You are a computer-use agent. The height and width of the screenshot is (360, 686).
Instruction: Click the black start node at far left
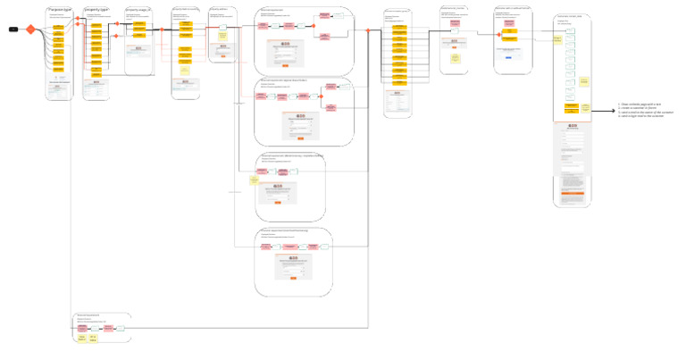pos(13,29)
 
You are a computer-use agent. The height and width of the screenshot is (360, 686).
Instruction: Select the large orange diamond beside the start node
pos(29,29)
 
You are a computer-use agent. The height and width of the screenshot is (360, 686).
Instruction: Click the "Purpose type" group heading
pos(58,9)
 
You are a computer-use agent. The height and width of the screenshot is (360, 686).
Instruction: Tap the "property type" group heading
pos(96,9)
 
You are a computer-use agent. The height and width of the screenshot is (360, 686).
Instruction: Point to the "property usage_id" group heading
pos(138,9)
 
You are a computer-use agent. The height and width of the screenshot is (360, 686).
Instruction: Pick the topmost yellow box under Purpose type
pos(58,27)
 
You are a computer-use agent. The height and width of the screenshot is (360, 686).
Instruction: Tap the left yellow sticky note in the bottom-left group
pos(82,338)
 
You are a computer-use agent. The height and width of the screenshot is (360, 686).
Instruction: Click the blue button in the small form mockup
pos(508,57)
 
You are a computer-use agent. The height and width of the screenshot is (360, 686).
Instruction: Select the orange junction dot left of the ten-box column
pos(368,30)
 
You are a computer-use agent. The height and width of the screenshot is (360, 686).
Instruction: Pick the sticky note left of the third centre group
pos(254,180)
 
